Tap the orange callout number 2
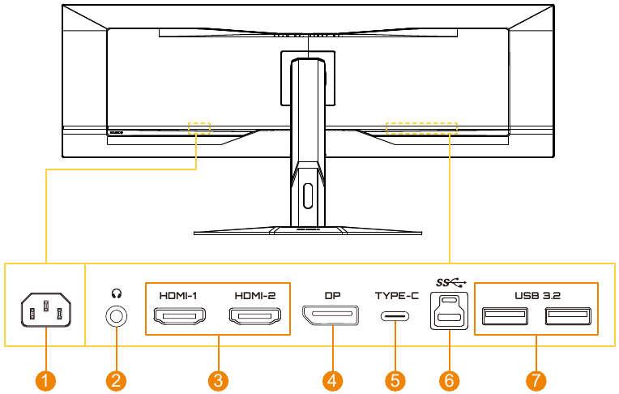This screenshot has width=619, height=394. (117, 379)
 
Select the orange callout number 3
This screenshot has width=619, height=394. (216, 379)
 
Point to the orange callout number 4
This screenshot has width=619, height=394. (331, 379)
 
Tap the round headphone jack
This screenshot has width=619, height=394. (117, 315)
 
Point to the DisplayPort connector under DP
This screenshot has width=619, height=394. (331, 315)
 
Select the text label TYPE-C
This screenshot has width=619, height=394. (396, 295)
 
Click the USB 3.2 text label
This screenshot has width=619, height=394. (536, 295)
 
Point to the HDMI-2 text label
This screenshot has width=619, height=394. (254, 295)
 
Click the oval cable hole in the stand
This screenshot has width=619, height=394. (306, 195)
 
